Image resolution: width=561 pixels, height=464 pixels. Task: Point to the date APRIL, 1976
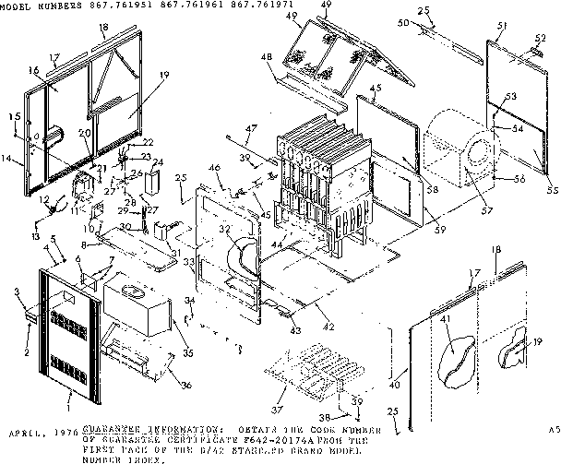tap(35, 431)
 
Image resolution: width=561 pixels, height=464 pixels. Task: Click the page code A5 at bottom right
tap(552, 430)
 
